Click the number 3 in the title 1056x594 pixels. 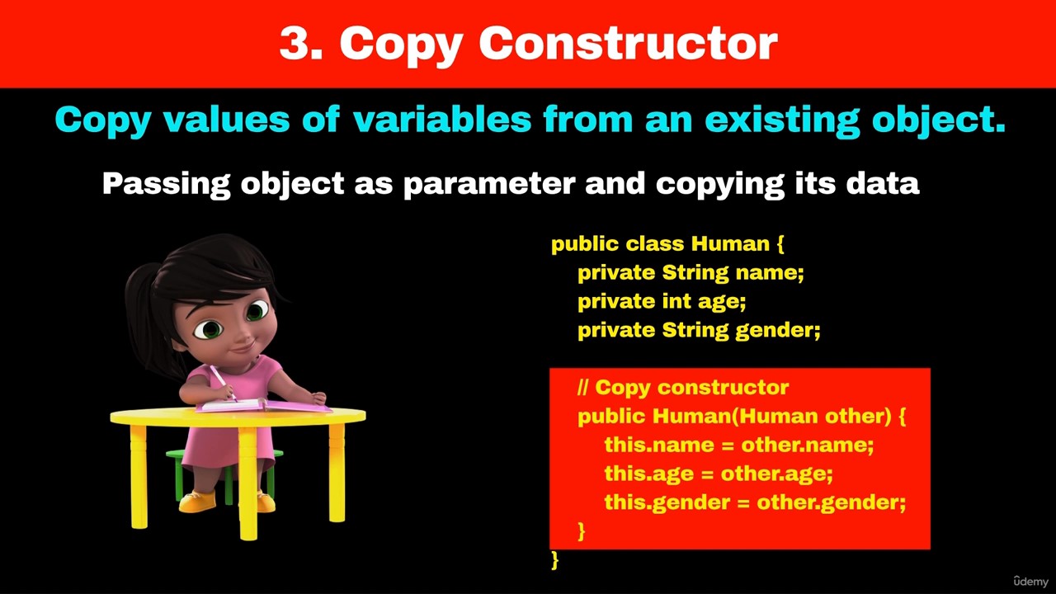point(295,42)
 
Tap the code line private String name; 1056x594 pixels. point(691,273)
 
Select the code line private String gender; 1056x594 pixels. point(699,331)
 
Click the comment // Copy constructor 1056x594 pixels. point(683,388)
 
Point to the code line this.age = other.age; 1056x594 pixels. point(719,474)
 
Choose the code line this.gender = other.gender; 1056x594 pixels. point(755,502)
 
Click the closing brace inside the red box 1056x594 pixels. point(582,531)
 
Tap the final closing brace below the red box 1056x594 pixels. point(555,560)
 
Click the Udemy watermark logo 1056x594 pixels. point(1030,581)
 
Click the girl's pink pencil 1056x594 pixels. point(223,383)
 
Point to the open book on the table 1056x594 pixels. point(263,405)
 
